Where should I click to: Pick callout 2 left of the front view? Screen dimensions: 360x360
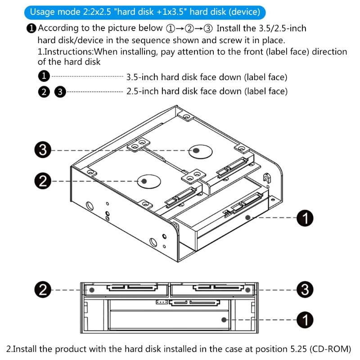click(x=43, y=290)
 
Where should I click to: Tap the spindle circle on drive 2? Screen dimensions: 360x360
click(x=149, y=181)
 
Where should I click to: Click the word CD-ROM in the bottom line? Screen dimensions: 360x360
click(x=330, y=349)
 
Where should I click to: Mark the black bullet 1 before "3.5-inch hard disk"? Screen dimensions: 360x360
click(x=44, y=76)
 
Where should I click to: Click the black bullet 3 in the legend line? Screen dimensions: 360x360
click(x=59, y=92)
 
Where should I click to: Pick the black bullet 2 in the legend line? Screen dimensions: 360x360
click(x=44, y=92)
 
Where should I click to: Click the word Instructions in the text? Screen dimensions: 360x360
click(x=68, y=52)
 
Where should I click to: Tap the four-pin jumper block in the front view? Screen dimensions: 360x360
click(x=161, y=302)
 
